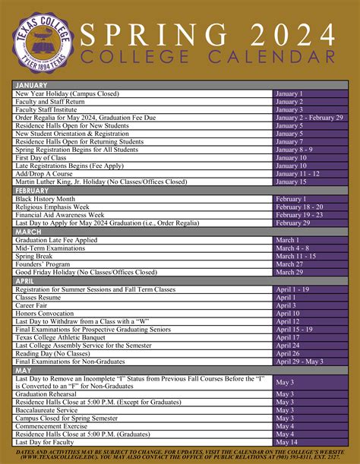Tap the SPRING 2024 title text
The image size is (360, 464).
pos(207,33)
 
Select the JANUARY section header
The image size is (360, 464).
pos(32,86)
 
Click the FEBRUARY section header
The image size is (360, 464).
pos(33,190)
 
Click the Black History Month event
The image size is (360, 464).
pos(49,198)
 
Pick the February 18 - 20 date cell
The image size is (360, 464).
pos(299,207)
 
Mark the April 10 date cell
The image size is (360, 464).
pos(288,314)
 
